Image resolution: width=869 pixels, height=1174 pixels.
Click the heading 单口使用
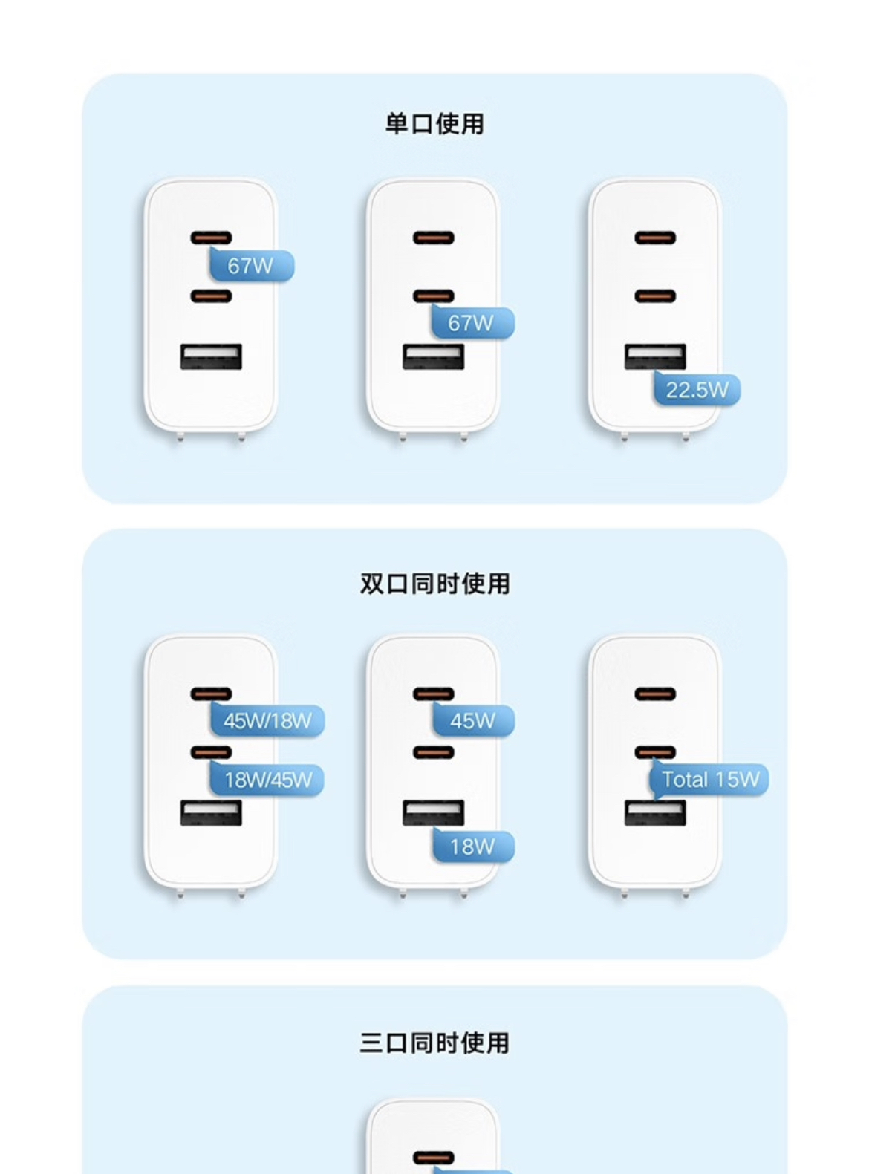click(434, 124)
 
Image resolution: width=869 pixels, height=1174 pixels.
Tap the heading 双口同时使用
click(434, 584)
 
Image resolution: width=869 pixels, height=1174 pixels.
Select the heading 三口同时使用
click(434, 1043)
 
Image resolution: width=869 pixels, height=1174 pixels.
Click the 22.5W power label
click(697, 390)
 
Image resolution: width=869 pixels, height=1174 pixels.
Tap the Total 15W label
click(709, 780)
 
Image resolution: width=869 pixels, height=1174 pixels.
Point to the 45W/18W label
click(267, 721)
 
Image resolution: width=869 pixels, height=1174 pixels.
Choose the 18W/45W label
click(267, 780)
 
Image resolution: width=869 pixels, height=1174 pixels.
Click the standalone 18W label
click(473, 847)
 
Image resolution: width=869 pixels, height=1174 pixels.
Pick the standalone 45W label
click(473, 721)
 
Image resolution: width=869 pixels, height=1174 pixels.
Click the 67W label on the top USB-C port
click(251, 266)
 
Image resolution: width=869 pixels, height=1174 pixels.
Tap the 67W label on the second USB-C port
click(472, 324)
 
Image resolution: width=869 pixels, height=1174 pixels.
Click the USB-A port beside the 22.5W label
click(654, 356)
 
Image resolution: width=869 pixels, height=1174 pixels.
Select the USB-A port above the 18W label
click(433, 812)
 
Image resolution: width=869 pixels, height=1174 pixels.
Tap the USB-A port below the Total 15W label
click(654, 814)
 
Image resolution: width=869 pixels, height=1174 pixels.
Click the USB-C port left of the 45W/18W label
click(211, 694)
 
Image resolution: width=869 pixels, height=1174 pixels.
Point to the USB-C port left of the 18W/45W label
click(211, 752)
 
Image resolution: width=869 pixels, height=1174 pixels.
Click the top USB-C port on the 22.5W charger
click(654, 238)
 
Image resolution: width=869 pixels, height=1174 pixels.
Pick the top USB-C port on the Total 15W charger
click(654, 694)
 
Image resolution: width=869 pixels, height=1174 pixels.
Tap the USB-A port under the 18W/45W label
click(211, 813)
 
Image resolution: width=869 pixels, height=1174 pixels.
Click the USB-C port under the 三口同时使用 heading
click(433, 1158)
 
